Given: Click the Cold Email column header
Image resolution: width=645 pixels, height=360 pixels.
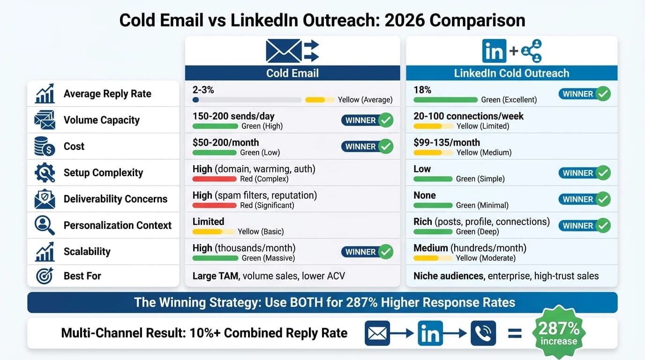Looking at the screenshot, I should pyautogui.click(x=292, y=73).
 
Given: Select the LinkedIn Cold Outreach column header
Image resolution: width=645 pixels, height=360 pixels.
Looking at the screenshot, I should pyautogui.click(x=511, y=73).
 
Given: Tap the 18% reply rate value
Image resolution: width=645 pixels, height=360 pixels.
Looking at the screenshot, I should pyautogui.click(x=422, y=90).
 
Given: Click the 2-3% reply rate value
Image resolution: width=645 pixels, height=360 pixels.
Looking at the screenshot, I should pyautogui.click(x=203, y=90).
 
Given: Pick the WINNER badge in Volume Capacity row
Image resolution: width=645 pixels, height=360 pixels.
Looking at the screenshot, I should pyautogui.click(x=367, y=120).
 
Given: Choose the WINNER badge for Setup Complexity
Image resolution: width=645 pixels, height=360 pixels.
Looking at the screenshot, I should pyautogui.click(x=584, y=173).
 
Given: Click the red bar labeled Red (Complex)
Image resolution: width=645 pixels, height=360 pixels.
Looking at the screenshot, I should pyautogui.click(x=214, y=179).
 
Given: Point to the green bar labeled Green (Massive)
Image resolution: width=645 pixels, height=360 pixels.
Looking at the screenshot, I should pyautogui.click(x=215, y=258).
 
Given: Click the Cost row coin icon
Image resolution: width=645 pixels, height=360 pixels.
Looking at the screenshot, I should pyautogui.click(x=45, y=147).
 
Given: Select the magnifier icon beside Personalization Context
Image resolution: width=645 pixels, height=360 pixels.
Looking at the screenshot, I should pyautogui.click(x=45, y=225).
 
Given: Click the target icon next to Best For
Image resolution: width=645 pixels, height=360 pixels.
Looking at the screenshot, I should pyautogui.click(x=45, y=276).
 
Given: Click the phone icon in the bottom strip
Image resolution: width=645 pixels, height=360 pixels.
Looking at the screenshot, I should pyautogui.click(x=483, y=333).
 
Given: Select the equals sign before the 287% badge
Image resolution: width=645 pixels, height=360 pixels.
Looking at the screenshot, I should pyautogui.click(x=515, y=333).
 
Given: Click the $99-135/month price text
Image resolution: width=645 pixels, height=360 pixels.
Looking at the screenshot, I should pyautogui.click(x=447, y=142).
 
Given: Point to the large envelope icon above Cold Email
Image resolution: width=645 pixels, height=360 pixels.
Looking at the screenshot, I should pyautogui.click(x=284, y=51).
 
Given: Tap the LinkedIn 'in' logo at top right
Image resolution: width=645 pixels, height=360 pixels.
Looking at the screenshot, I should pyautogui.click(x=494, y=51).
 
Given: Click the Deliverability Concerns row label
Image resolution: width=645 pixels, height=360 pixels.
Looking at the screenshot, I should pyautogui.click(x=115, y=199).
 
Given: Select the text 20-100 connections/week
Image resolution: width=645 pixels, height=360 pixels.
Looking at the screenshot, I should pyautogui.click(x=468, y=116).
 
